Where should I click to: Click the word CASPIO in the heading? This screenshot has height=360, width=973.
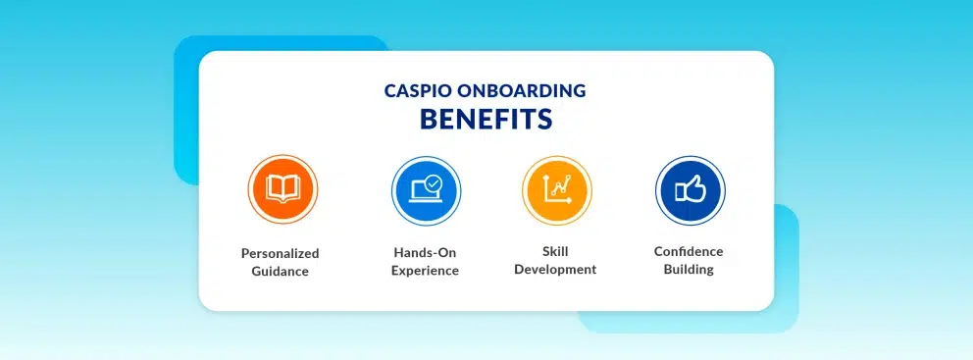[418, 90]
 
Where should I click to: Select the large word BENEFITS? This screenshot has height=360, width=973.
[486, 119]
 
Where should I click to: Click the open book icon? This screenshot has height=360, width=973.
[282, 188]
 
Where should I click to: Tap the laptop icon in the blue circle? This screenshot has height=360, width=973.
[426, 190]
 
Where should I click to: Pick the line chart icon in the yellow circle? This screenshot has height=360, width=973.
[556, 189]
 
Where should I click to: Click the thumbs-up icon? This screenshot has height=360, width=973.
[691, 188]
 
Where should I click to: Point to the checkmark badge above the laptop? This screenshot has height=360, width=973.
[435, 183]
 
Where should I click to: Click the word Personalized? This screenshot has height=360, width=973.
[280, 253]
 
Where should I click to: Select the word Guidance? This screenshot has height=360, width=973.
[280, 272]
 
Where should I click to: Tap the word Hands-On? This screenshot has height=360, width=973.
[426, 253]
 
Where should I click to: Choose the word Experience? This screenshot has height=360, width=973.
[426, 271]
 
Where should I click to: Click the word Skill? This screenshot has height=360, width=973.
[555, 251]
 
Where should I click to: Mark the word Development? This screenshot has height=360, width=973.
[555, 270]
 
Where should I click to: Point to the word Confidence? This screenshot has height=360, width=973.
[689, 251]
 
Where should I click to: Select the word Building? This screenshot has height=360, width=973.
[689, 270]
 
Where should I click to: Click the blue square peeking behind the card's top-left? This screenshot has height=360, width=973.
[186, 112]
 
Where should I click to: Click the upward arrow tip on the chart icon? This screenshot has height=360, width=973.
[546, 176]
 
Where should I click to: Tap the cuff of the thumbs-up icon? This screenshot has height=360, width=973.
[679, 192]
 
